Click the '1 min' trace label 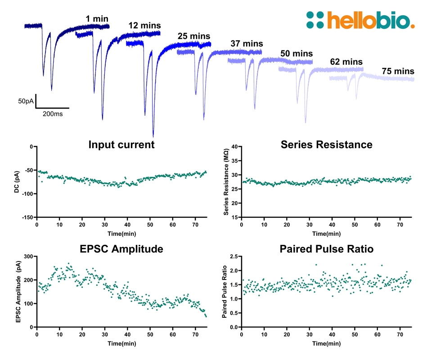[x=98, y=19]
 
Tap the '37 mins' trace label [x=247, y=44]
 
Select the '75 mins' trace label [x=398, y=71]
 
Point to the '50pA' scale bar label [x=26, y=101]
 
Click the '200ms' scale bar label [x=53, y=114]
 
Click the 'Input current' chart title [x=121, y=144]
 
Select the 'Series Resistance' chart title [x=326, y=144]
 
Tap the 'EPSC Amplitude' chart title [x=121, y=249]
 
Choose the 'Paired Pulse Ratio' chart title [x=326, y=249]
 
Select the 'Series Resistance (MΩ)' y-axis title [x=227, y=182]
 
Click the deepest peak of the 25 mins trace [x=153, y=136]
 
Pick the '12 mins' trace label [x=144, y=25]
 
